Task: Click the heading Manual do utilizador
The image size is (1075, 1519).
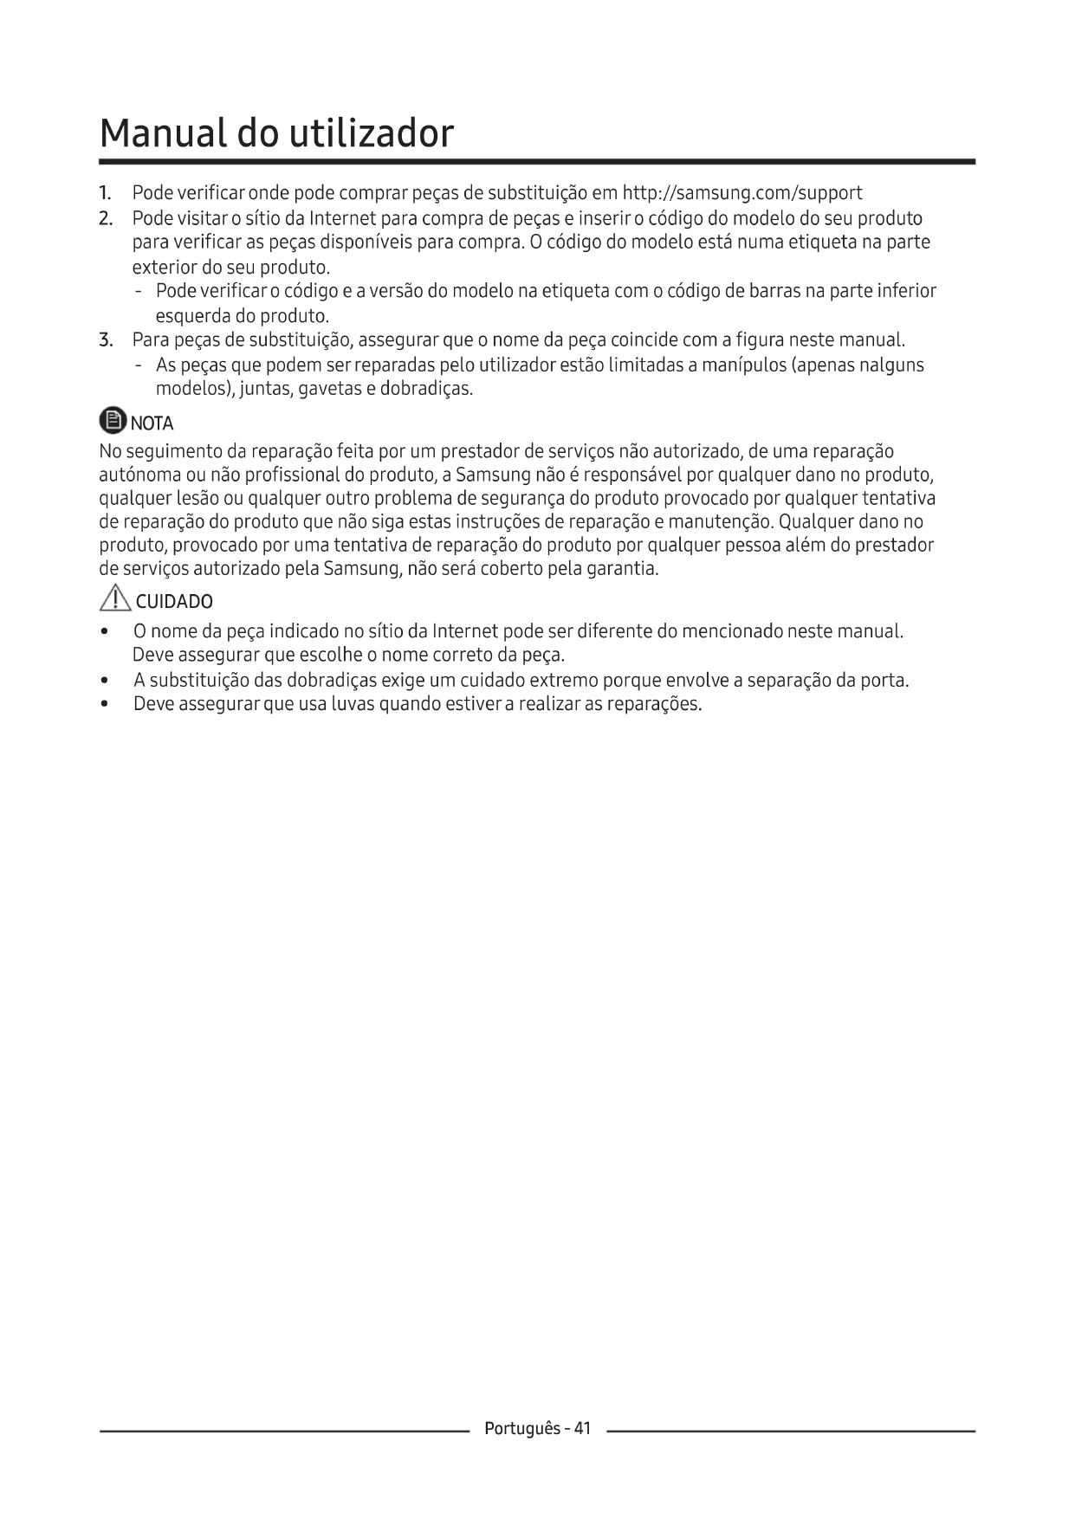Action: (276, 133)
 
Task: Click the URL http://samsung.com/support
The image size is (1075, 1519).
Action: (742, 193)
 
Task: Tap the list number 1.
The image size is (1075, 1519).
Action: (105, 193)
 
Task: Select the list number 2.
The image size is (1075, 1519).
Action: (106, 218)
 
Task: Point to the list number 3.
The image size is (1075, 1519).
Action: (106, 339)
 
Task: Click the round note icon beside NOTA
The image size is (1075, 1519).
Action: (113, 422)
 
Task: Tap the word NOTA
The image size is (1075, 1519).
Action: (152, 423)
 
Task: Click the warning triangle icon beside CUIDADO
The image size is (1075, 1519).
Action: (114, 599)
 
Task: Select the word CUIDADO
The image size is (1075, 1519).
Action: (174, 602)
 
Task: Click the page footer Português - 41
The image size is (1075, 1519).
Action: (537, 1428)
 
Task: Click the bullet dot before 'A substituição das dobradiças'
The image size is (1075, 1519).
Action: (105, 681)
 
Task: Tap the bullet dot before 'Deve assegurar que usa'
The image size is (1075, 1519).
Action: (105, 704)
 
